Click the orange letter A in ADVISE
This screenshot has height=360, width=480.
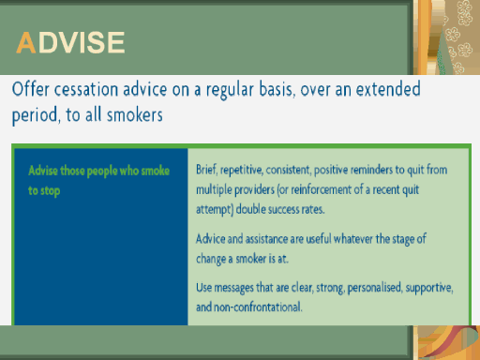26,42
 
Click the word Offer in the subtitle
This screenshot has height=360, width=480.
30,89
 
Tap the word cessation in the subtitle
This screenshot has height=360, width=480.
86,89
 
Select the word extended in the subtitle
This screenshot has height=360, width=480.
388,89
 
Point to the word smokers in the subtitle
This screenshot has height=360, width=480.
135,114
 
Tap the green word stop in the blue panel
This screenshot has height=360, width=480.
50,191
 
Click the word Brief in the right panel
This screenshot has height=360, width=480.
206,170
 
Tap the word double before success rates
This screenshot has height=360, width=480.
251,209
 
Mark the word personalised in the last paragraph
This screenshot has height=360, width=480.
375,288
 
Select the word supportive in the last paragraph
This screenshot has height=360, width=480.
429,288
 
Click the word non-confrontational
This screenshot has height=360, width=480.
258,307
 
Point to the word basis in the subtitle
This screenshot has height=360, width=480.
277,89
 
